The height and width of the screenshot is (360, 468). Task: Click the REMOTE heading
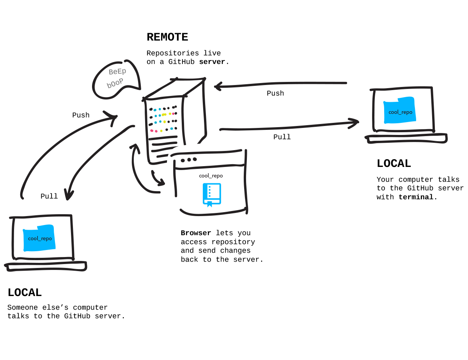click(x=167, y=37)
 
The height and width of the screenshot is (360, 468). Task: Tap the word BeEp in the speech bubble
click(x=117, y=71)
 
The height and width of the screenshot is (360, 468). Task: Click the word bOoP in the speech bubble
click(x=115, y=83)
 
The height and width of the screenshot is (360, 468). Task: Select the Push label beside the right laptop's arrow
click(x=275, y=94)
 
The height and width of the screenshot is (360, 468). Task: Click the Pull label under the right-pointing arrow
click(x=282, y=137)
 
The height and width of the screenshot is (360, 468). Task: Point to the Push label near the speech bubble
click(x=81, y=115)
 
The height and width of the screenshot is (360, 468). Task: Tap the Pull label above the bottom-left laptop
click(x=49, y=197)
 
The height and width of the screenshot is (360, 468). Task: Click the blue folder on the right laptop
click(x=400, y=110)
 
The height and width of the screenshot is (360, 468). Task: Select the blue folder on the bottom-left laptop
click(x=39, y=238)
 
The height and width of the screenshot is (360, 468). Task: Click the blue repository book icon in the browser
click(x=212, y=194)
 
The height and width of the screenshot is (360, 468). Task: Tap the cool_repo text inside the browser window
click(x=211, y=176)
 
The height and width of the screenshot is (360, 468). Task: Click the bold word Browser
click(x=196, y=233)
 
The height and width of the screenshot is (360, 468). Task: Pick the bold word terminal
click(x=416, y=197)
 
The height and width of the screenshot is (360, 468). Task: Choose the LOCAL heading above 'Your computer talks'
click(x=394, y=164)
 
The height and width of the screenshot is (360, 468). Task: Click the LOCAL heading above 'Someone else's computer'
click(x=25, y=293)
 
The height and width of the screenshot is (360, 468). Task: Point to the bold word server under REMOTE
click(x=212, y=62)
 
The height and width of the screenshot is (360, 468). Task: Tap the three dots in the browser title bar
click(x=189, y=160)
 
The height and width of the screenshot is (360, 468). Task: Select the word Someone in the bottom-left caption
click(x=23, y=308)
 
